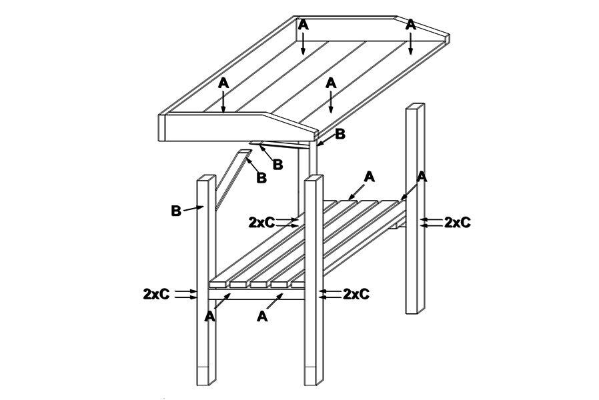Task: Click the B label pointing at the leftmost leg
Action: click(175, 211)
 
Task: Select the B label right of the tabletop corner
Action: click(340, 134)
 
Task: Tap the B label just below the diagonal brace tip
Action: click(261, 177)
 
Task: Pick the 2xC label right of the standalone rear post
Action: click(458, 222)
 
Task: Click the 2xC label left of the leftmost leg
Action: click(156, 294)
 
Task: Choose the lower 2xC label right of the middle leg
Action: click(356, 294)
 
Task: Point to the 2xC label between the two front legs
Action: click(261, 222)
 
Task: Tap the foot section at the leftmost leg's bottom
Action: click(206, 376)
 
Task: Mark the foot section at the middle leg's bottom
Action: click(314, 376)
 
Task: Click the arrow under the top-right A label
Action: click(410, 43)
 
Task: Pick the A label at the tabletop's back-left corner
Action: click(303, 25)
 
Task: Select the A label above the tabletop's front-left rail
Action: click(223, 83)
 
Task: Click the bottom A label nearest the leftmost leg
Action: click(209, 317)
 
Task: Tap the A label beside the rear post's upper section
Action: click(422, 177)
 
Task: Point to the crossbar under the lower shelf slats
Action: click(256, 294)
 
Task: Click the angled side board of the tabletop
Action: click(238, 127)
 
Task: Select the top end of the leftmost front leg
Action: click(206, 178)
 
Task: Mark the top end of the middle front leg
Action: click(314, 177)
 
